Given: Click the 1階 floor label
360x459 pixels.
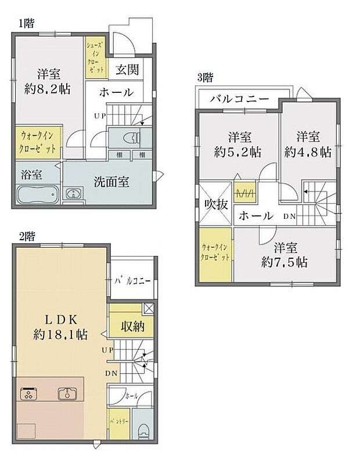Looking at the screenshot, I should click(x=26, y=24).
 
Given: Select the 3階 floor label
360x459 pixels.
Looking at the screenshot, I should click(x=204, y=76).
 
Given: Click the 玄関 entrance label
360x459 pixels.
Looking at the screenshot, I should click(x=127, y=70).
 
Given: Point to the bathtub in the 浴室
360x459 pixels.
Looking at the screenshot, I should click(x=37, y=195).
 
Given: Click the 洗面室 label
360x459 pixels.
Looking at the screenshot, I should click(x=112, y=181).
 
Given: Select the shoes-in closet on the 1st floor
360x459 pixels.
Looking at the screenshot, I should click(x=96, y=59).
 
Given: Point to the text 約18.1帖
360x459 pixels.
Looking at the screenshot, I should click(x=60, y=335).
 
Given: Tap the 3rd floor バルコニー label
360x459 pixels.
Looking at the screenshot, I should click(x=240, y=99).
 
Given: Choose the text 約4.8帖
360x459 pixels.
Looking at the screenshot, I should click(x=308, y=152).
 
